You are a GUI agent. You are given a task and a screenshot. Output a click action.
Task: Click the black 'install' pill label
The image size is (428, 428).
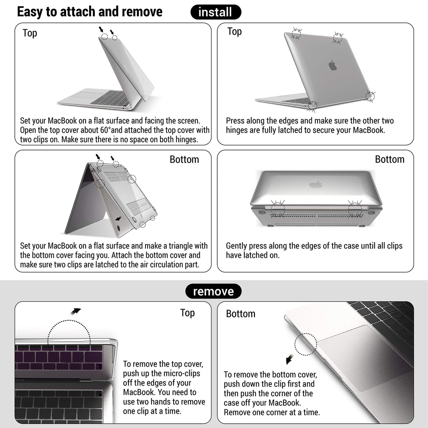[215, 12]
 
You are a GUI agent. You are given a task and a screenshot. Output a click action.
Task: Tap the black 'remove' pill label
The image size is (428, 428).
[213, 291]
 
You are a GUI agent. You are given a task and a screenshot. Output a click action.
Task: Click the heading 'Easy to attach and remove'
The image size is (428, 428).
[90, 12]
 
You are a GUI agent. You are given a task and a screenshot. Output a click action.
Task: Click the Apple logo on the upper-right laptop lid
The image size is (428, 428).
[332, 66]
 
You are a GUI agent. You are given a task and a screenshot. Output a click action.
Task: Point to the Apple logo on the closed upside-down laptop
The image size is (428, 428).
[316, 184]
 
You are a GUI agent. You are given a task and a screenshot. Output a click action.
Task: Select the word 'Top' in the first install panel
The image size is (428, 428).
[30, 33]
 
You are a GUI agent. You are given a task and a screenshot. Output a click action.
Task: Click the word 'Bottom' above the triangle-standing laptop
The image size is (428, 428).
[184, 159]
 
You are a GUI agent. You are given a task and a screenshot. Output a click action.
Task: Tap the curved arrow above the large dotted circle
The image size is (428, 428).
[75, 312]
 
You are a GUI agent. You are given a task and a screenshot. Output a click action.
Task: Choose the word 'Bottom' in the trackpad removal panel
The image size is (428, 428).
[241, 314]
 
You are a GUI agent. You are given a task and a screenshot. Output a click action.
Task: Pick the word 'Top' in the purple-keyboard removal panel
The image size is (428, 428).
[187, 313]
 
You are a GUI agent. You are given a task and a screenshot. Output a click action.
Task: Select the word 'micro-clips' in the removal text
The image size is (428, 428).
[182, 373]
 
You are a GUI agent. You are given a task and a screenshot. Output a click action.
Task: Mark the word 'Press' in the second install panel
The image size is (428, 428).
[235, 121]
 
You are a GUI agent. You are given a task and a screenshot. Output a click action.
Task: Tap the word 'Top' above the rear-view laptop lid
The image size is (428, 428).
[235, 32]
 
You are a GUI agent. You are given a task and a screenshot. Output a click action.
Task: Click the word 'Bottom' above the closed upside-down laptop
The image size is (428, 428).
[389, 159]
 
